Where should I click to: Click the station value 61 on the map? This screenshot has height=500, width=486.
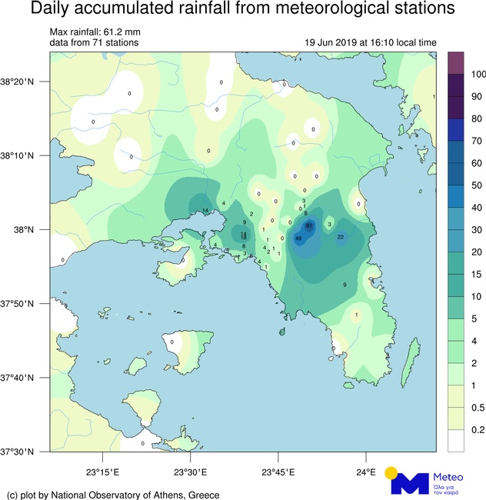[308, 226]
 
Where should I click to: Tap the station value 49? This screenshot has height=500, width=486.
[298, 238]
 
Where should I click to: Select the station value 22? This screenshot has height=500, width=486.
[340, 237]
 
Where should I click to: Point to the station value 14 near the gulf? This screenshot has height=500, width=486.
[205, 210]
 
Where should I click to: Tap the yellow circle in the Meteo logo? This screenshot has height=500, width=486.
[391, 472]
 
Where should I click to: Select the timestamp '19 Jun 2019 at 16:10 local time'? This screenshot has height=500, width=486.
[371, 43]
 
